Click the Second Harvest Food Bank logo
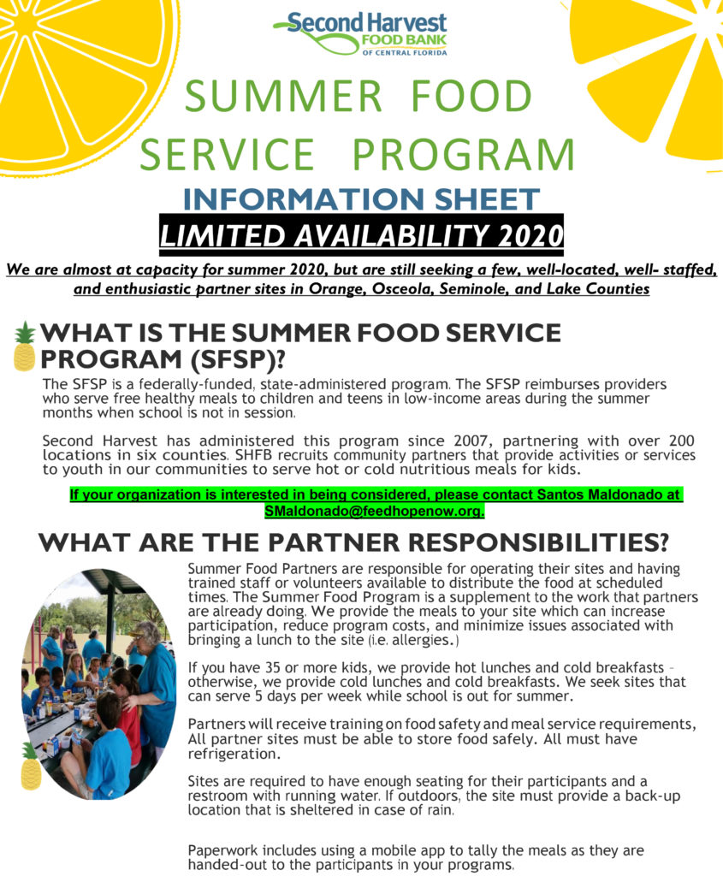point(360,33)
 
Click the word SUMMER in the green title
point(283,96)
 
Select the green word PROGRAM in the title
point(464,154)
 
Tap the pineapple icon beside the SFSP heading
point(24,346)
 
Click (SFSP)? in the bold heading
point(237,358)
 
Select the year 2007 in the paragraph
point(471,441)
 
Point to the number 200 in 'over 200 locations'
point(682,441)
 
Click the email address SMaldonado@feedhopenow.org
point(374,511)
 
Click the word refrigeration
point(233,755)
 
